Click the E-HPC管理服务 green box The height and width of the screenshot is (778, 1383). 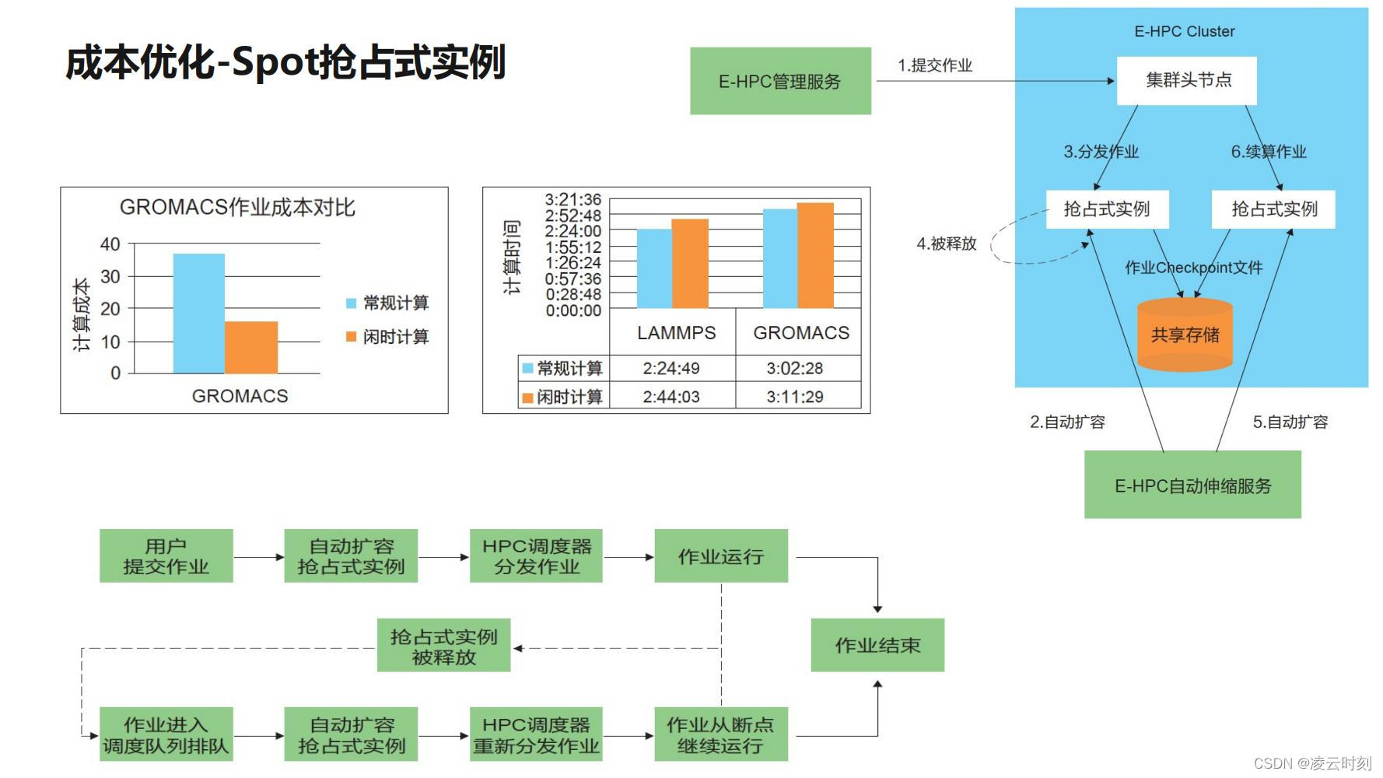tap(780, 81)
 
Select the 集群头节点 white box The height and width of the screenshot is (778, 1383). tap(1187, 80)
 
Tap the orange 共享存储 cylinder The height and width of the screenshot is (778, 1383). tap(1185, 335)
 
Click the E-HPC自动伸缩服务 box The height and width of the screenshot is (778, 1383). tap(1192, 486)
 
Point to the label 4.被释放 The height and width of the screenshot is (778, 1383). tap(946, 244)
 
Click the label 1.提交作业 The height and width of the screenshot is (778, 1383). tap(934, 65)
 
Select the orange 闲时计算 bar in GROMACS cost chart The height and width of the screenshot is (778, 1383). tap(251, 348)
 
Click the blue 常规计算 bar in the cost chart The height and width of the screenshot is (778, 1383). tap(198, 314)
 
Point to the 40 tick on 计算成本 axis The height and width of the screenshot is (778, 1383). tap(110, 244)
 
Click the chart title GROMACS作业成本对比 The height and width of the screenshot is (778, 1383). tap(237, 207)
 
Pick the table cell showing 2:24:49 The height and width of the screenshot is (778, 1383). tap(671, 368)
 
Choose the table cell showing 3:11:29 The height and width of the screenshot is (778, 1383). tap(795, 397)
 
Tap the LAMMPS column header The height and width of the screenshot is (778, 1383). tap(676, 333)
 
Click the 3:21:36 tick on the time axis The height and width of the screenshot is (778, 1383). tap(572, 200)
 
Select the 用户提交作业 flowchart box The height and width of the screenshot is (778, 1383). tap(166, 556)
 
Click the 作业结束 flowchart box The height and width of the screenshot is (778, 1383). tap(877, 645)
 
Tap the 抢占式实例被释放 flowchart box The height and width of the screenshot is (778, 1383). tap(443, 646)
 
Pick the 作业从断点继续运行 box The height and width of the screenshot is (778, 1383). tap(720, 734)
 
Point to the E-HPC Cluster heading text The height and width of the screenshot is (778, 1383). tap(1184, 31)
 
